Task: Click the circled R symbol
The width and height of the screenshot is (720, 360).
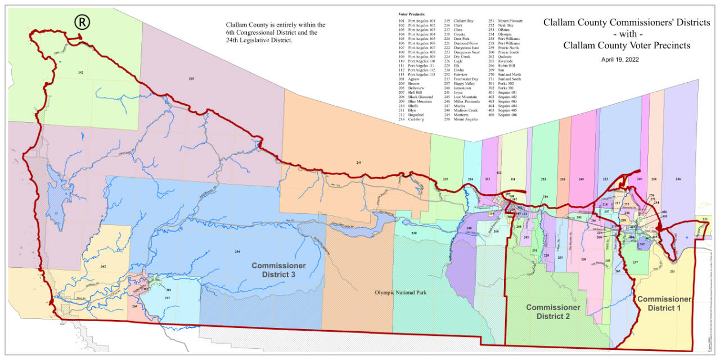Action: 83,22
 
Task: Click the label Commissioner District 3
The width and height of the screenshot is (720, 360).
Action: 278,269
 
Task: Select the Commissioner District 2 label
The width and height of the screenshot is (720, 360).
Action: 553,312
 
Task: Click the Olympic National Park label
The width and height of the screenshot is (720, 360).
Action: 400,293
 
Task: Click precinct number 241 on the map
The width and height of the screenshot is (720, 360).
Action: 358,163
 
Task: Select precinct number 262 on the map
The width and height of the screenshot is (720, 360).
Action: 103,266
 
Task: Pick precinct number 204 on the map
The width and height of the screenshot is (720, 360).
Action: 237,251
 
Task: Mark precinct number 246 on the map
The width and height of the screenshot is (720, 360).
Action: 678,179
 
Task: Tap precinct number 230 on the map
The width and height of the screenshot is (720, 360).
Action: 413,233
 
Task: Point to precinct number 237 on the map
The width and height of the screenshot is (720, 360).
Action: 635,263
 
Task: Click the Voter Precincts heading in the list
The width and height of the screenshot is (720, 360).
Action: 410,13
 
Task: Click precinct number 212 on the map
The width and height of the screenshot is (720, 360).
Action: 167,298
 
